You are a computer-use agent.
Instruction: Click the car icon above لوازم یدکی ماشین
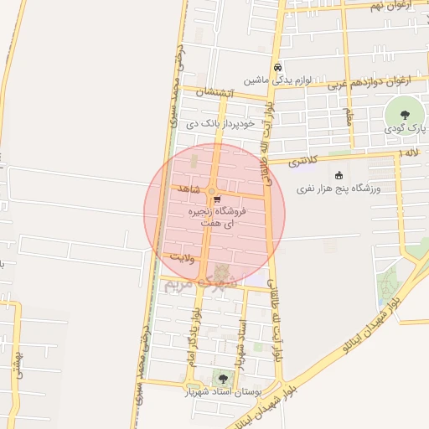[x=277, y=68]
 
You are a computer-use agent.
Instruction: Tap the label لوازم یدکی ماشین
[x=278, y=81]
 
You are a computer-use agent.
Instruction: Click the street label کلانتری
[x=305, y=160]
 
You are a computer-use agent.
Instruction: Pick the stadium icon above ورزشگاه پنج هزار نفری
[x=339, y=175]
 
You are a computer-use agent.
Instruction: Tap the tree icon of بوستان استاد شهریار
[x=221, y=380]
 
